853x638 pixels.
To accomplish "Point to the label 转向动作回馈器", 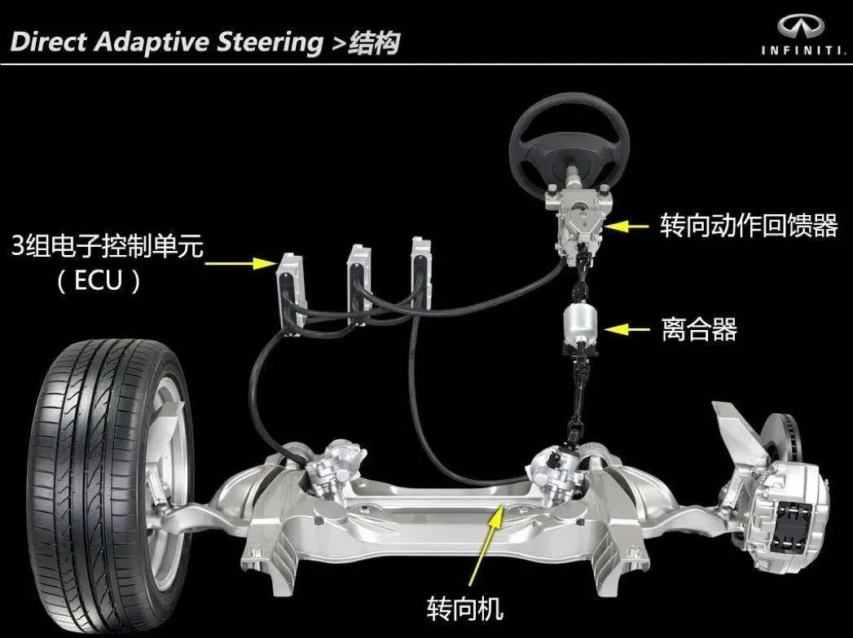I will point(749,225).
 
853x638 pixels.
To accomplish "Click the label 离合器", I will point(698,329).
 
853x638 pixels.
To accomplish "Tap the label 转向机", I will point(465,607).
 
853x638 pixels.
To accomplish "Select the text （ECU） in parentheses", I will point(99,281).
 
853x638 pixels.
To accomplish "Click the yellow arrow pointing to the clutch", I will point(627,329).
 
